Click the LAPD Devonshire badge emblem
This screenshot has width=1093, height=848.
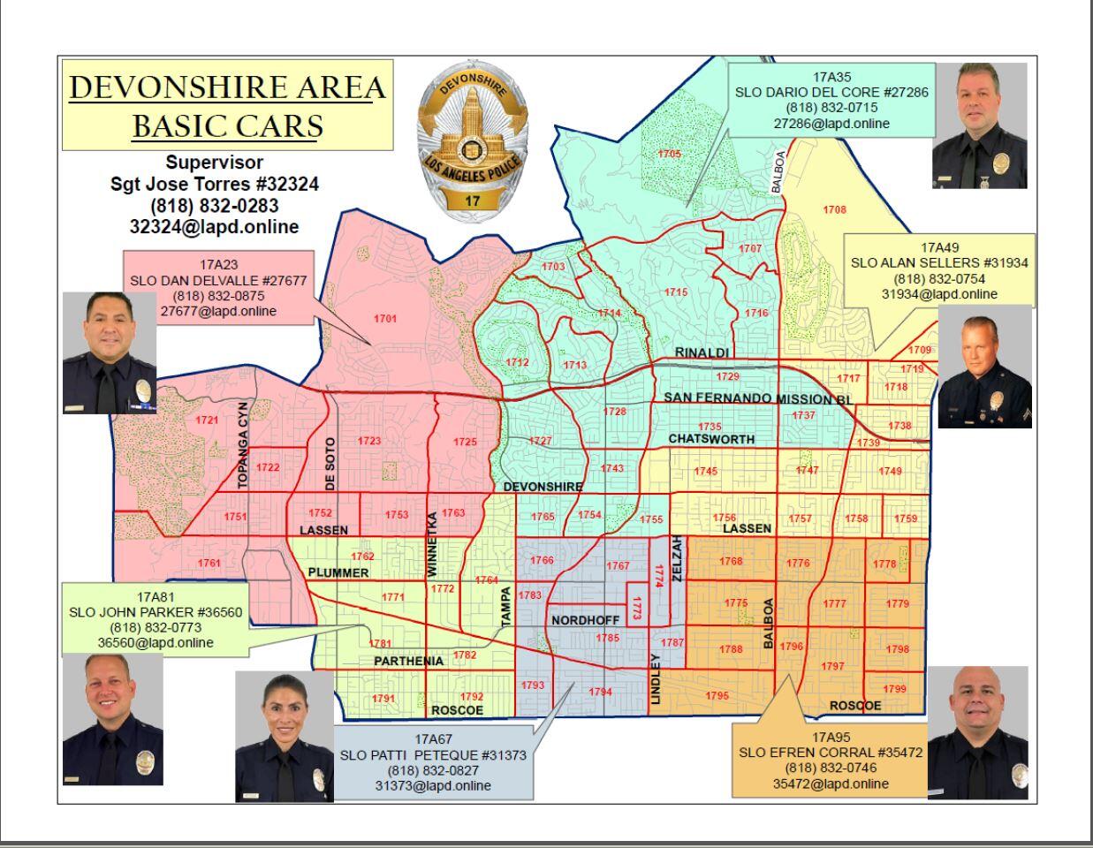pos(472,139)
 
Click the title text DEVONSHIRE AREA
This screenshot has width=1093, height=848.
pos(227,87)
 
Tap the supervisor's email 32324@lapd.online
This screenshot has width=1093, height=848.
pos(214,226)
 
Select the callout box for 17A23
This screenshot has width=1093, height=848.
pos(218,287)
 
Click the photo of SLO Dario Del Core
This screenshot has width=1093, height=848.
pos(979,125)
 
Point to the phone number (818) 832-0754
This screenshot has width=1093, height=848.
pos(939,278)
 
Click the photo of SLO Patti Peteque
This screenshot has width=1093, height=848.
pos(285,736)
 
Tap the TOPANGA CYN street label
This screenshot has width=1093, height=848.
pos(243,445)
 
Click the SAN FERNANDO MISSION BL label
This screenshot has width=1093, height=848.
pos(757,399)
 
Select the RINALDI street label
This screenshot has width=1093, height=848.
pos(702,353)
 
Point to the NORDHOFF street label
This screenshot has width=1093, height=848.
pos(585,620)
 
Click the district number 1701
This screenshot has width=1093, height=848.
pos(384,319)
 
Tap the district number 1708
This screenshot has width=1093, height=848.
pos(834,210)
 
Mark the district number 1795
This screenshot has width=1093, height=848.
pos(717,696)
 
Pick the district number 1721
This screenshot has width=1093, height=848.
pos(207,420)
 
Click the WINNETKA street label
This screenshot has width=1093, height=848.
pos(432,544)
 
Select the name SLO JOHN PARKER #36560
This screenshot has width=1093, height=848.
pos(156,612)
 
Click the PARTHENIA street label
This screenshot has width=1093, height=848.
pos(408,661)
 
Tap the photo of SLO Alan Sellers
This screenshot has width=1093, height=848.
pos(984,367)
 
